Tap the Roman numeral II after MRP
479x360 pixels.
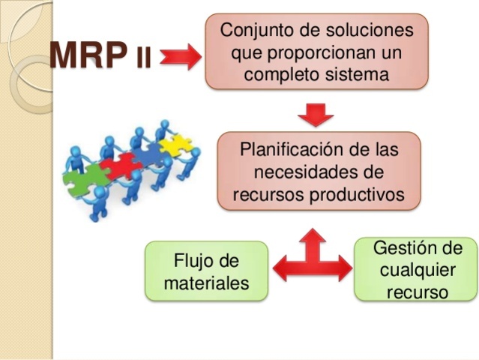tap(143, 58)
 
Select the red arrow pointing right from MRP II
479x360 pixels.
tap(179, 57)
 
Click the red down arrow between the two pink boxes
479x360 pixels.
tap(316, 113)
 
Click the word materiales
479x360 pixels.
tap(205, 284)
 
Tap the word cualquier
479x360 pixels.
tap(418, 270)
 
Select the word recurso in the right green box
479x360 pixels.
tap(417, 292)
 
